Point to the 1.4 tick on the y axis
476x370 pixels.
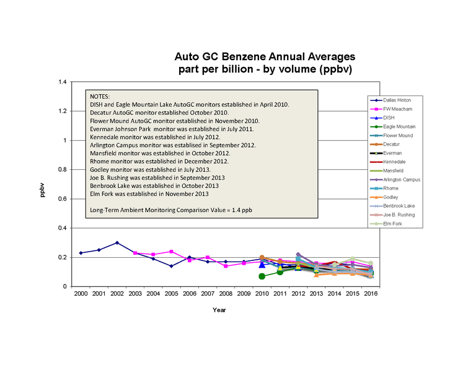pos(62,82)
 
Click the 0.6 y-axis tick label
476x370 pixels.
pos(62,199)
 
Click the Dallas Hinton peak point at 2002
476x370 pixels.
pos(117,243)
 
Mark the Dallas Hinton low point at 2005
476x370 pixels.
pos(171,266)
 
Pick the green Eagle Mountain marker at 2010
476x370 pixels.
pos(262,276)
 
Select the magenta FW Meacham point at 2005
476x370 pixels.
pos(171,252)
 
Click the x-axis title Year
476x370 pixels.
pos(219,309)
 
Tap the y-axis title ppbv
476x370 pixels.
pos(43,192)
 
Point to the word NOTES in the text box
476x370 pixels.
pos(100,97)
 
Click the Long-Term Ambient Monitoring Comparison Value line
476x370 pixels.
pos(171,210)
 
